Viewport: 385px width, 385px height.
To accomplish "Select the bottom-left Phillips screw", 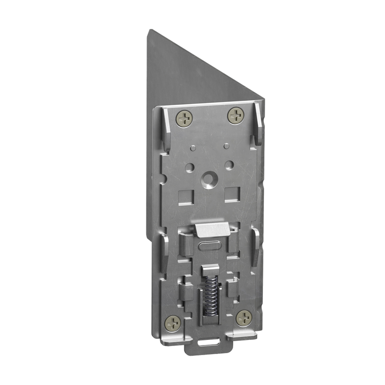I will [x=173, y=321].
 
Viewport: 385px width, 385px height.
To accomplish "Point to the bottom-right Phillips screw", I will [x=244, y=318].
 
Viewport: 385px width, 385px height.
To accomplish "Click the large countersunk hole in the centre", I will [x=208, y=178].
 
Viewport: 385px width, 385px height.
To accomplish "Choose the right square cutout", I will [x=232, y=193].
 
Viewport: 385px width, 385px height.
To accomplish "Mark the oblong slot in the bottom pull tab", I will [x=208, y=342].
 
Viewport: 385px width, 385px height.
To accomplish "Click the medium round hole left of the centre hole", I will [x=189, y=166].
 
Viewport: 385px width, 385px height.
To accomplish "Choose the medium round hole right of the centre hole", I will [x=229, y=164].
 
